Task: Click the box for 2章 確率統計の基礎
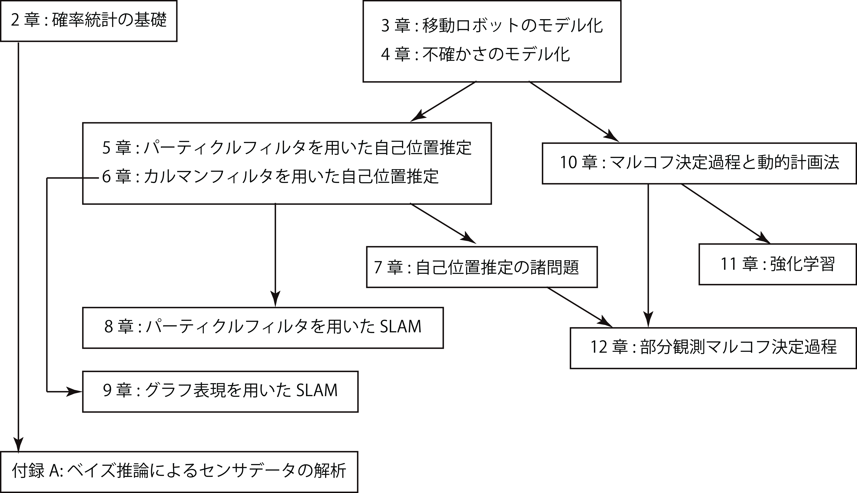pos(89,21)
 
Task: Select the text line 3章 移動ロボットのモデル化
pos(492,26)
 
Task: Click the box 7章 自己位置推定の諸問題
pos(482,267)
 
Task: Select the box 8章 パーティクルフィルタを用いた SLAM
pos(263,328)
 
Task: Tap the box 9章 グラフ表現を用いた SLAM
pos(220,392)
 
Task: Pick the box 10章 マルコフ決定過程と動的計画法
pos(699,164)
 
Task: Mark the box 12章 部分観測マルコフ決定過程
pos(714,348)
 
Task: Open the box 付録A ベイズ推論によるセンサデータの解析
pos(179,472)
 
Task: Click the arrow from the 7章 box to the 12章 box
pos(580,307)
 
